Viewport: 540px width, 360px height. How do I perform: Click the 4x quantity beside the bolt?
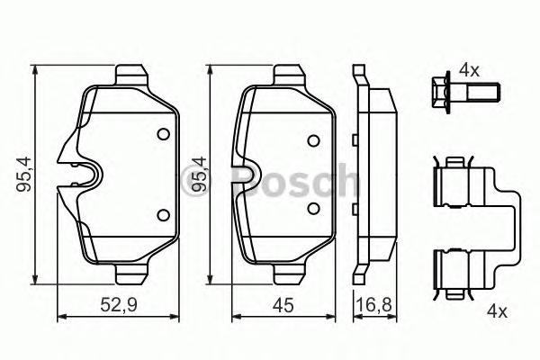[471, 69]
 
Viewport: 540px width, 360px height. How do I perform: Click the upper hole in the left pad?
[163, 135]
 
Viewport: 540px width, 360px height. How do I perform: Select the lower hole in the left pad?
[163, 214]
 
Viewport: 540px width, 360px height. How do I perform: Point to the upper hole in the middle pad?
[312, 140]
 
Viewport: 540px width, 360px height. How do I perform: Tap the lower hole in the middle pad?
[312, 209]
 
